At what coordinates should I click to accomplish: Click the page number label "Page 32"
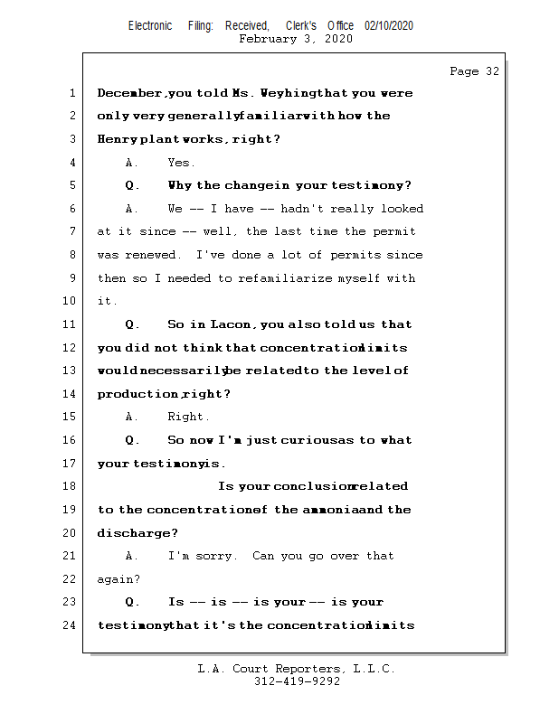[474, 71]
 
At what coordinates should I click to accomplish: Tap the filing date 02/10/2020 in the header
[389, 26]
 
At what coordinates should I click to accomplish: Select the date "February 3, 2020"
[296, 39]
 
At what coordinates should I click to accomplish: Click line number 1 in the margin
[72, 93]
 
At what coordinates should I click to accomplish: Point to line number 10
[70, 301]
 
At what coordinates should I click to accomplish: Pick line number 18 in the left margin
[70, 486]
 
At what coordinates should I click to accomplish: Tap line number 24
[70, 625]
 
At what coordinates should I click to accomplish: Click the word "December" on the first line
[130, 93]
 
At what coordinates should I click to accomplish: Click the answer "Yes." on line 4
[181, 163]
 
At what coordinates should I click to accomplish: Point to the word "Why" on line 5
[180, 185]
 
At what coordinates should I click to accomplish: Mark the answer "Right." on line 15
[188, 417]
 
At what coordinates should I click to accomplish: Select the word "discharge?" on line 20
[137, 533]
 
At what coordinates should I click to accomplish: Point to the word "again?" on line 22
[118, 579]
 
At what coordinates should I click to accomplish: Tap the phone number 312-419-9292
[297, 681]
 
